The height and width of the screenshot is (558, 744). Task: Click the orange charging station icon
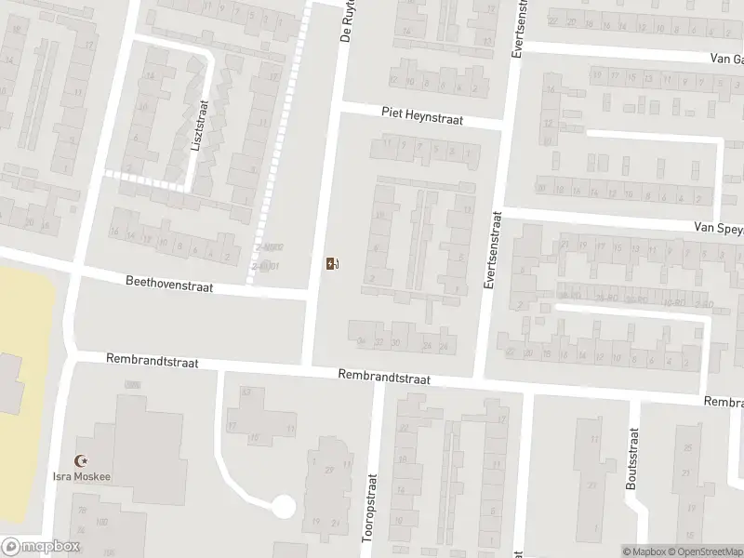click(332, 264)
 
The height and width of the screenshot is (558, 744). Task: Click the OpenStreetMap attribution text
click(706, 551)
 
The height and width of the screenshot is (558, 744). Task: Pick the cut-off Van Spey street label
click(717, 227)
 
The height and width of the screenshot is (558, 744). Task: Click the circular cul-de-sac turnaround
click(283, 507)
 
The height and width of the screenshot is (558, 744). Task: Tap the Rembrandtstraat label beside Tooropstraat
click(384, 378)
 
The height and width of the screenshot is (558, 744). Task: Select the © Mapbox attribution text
click(644, 551)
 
